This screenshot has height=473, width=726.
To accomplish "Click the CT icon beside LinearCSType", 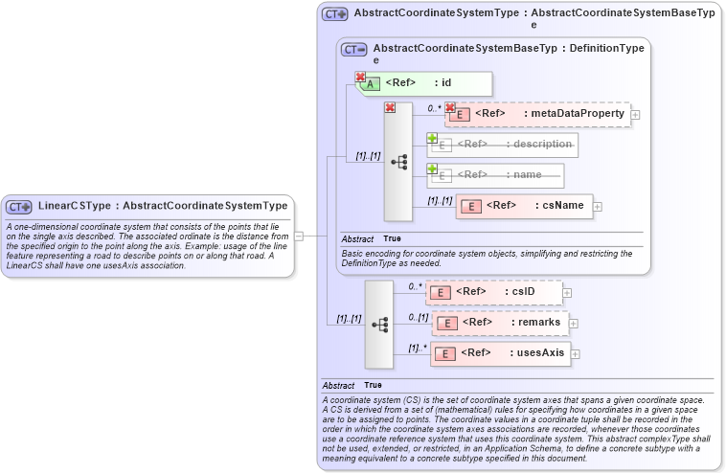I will (x=19, y=206).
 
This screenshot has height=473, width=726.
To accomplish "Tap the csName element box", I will (x=524, y=205).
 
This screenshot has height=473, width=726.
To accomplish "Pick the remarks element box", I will (x=500, y=323).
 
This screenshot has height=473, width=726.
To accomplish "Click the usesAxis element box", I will (x=500, y=353).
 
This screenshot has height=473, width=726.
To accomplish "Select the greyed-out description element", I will (x=503, y=145).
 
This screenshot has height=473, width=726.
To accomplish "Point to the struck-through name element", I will (x=495, y=175).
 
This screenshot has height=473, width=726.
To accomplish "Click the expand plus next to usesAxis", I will (x=576, y=353).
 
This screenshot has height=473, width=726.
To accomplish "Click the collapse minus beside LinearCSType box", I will (x=299, y=235).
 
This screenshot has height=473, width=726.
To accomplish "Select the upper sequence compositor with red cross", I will (x=397, y=162).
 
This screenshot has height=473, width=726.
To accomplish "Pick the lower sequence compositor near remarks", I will (x=379, y=325).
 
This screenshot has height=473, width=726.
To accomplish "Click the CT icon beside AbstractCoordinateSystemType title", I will (x=334, y=14).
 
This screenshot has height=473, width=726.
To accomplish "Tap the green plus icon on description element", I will (x=433, y=139).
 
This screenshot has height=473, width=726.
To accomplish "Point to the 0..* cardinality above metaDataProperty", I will (x=434, y=107).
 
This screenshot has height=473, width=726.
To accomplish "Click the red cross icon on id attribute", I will (x=361, y=78).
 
